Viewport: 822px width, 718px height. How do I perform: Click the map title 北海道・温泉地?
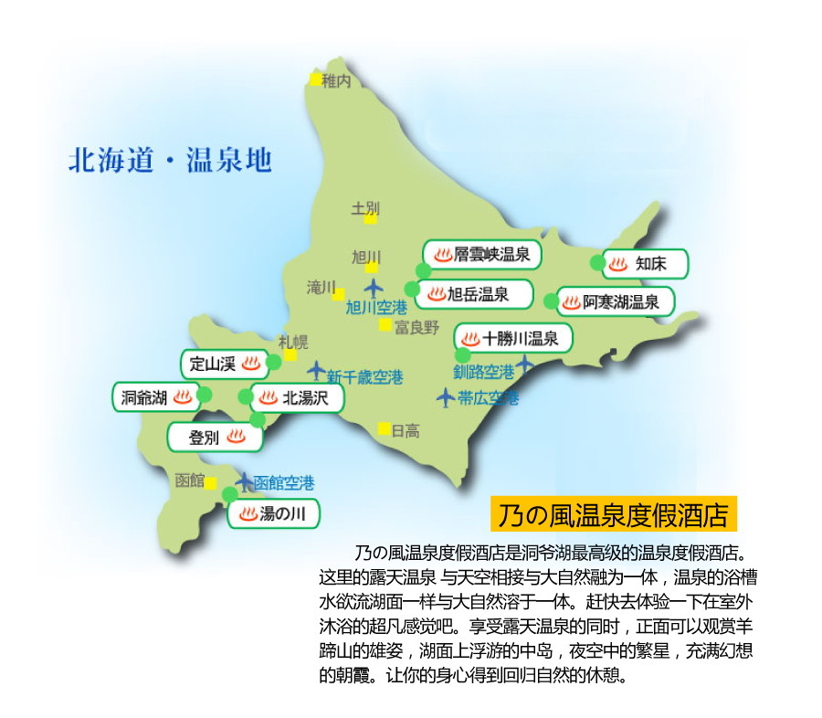click(170, 161)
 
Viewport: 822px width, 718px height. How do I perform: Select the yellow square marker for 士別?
click(370, 219)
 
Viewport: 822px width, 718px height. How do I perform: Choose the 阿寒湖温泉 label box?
click(616, 301)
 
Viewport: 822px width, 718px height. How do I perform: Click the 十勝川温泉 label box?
click(513, 339)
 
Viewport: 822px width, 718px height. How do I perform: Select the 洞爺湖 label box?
click(156, 397)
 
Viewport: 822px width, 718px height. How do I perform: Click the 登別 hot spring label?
click(216, 437)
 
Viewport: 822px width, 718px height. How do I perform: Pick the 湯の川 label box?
click(274, 514)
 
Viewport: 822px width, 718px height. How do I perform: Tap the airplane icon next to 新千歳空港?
click(316, 371)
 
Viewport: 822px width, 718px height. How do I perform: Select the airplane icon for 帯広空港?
click(445, 397)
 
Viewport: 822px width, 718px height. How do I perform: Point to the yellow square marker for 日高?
click(385, 428)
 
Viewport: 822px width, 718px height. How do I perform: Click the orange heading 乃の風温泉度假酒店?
click(613, 514)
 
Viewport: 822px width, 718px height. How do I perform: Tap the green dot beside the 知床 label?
click(597, 263)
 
